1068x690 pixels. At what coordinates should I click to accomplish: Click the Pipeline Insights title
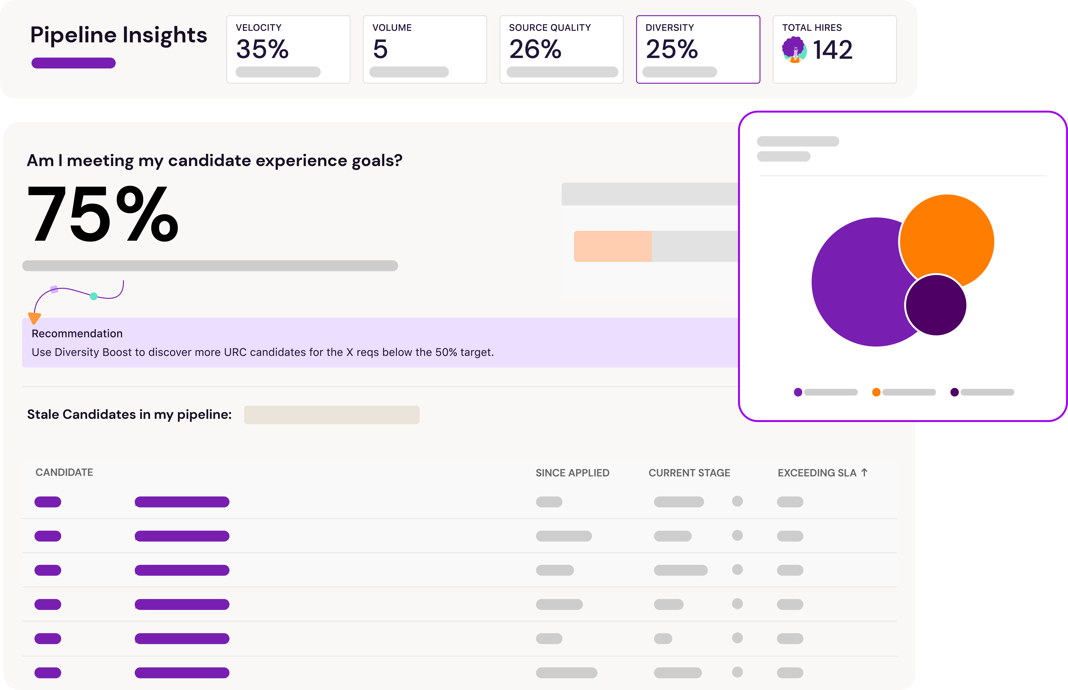point(119,35)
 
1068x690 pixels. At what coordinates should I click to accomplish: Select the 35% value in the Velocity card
point(262,49)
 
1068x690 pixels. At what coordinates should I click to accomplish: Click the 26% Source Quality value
point(535,49)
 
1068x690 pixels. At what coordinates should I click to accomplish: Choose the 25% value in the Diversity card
point(671,49)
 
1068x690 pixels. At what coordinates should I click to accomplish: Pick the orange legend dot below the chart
point(876,392)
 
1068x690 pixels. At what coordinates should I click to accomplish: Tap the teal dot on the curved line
point(94,296)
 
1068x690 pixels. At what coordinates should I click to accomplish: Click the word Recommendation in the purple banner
point(77,334)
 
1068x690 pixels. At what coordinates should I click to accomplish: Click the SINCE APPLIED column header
point(572,473)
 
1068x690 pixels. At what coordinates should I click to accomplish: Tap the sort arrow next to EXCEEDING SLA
point(864,473)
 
